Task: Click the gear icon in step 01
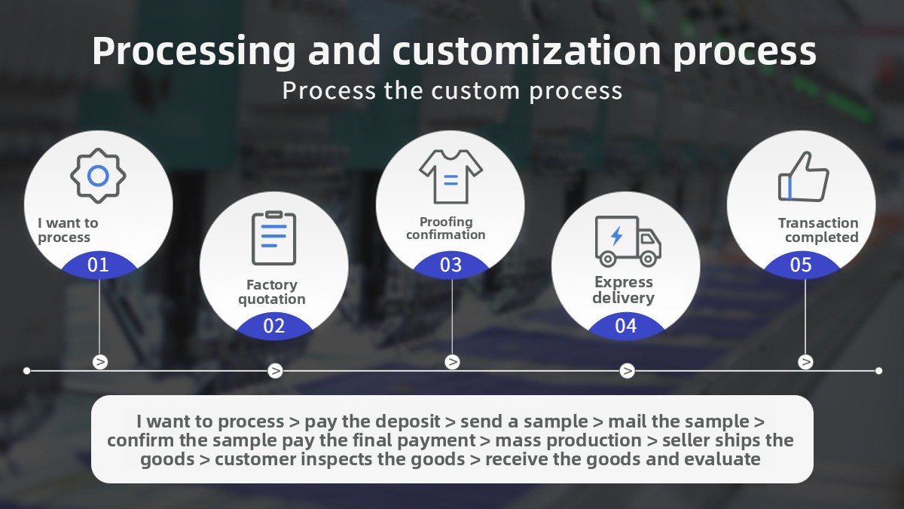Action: (x=98, y=176)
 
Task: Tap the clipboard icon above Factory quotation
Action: (x=274, y=238)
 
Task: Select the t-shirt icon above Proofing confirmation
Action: (x=450, y=177)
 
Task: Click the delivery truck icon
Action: (x=628, y=241)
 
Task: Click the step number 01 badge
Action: (x=98, y=265)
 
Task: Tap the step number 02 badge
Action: (x=274, y=326)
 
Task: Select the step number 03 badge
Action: (x=450, y=265)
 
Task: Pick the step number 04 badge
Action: (x=626, y=326)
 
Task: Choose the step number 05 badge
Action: (x=801, y=265)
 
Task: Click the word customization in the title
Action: (x=527, y=51)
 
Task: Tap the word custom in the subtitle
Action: (x=475, y=90)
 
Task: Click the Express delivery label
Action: (x=624, y=290)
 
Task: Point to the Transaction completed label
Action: (x=818, y=230)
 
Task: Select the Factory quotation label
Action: (x=272, y=292)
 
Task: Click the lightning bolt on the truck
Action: (x=616, y=236)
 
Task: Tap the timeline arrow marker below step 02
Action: (x=275, y=370)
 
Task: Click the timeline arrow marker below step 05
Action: (x=805, y=361)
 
